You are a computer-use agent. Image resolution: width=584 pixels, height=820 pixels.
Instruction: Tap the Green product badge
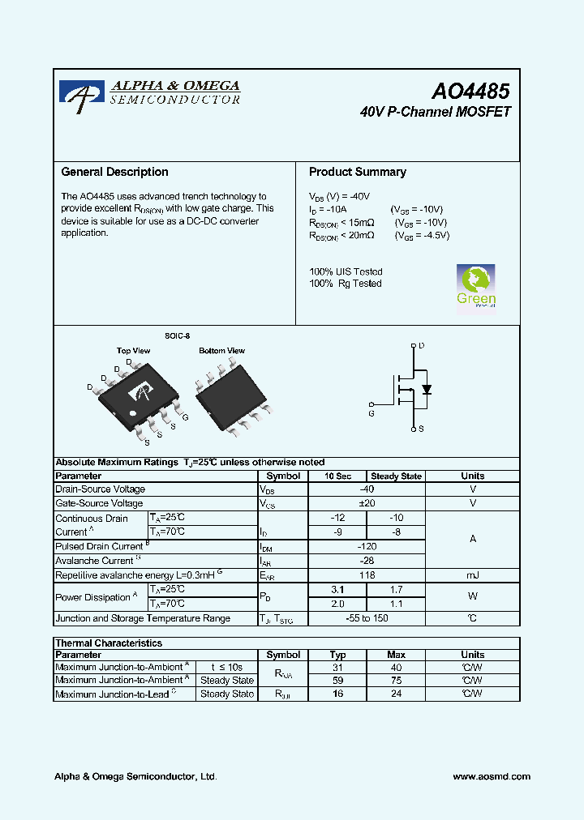pyautogui.click(x=476, y=287)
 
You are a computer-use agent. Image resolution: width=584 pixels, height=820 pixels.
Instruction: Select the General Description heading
pyautogui.click(x=115, y=172)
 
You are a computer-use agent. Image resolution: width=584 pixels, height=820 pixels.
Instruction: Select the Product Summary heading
pyautogui.click(x=358, y=172)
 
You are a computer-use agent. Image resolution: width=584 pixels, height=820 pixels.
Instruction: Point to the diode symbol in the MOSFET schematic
pyautogui.click(x=427, y=389)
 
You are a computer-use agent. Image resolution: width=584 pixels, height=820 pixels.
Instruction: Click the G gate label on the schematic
pyautogui.click(x=371, y=413)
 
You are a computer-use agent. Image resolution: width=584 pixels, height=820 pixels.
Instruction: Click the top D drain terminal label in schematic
pyautogui.click(x=421, y=346)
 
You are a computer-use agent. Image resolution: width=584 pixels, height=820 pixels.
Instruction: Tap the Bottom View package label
pyautogui.click(x=222, y=351)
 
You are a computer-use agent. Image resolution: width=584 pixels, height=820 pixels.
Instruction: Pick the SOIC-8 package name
pyautogui.click(x=177, y=335)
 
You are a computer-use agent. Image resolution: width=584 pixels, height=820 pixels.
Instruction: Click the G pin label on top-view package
pyautogui.click(x=186, y=416)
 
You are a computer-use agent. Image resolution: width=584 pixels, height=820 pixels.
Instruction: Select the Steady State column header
pyautogui.click(x=396, y=476)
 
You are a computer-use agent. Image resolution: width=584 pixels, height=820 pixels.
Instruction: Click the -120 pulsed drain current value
pyautogui.click(x=367, y=546)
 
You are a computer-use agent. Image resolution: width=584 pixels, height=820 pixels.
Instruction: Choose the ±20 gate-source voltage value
pyautogui.click(x=367, y=503)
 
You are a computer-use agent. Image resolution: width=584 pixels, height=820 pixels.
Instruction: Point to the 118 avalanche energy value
pyautogui.click(x=367, y=574)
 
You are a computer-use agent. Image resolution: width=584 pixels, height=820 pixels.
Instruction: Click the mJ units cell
pyautogui.click(x=472, y=574)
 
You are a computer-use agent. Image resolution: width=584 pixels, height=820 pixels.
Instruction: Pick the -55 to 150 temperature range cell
pyautogui.click(x=367, y=618)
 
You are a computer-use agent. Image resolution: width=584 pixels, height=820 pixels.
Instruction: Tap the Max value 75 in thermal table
pyautogui.click(x=396, y=681)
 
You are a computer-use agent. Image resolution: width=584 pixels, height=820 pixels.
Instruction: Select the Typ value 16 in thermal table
pyautogui.click(x=338, y=694)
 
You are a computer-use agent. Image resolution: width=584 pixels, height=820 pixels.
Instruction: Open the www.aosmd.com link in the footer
pyautogui.click(x=492, y=776)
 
